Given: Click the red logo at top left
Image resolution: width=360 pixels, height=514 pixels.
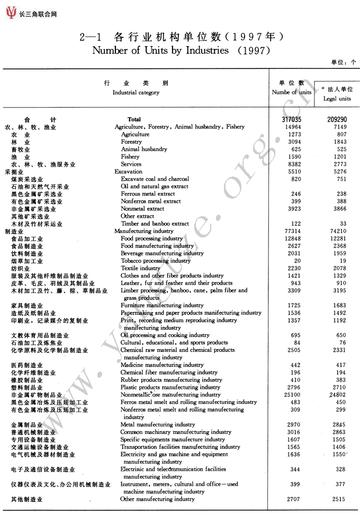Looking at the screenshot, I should (11, 13).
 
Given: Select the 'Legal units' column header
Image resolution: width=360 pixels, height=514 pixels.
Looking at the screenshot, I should (337, 99).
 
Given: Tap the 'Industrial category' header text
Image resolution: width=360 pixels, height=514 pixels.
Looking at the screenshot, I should (136, 92).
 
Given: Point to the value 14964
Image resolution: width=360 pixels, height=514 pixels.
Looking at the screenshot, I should (292, 127).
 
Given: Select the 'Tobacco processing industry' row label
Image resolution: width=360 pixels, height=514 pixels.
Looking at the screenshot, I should (156, 261).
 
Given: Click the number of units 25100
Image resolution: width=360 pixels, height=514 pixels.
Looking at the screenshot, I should (292, 395).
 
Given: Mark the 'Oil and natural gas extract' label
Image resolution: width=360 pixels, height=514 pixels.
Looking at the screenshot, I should (155, 187).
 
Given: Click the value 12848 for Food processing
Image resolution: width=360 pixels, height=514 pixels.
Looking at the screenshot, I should (292, 238).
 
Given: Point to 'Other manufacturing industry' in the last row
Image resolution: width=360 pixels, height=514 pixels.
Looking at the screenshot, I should (157, 499).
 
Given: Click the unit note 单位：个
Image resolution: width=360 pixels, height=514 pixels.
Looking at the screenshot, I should (344, 63).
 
